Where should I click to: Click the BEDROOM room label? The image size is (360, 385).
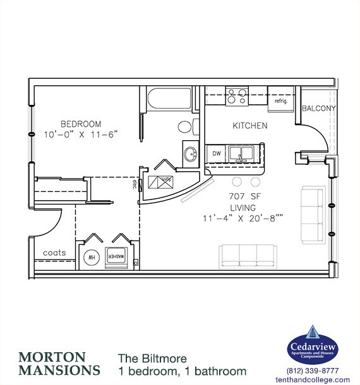point(81,123)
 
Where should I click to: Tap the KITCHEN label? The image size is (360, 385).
point(250,126)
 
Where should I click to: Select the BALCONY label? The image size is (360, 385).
point(319,109)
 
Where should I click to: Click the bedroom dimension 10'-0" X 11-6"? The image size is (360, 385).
point(81,134)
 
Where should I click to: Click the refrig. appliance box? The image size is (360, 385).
point(281,99)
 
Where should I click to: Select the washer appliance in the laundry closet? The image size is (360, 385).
point(119,257)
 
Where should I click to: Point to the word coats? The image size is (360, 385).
point(54,252)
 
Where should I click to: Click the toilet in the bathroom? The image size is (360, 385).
point(185,127)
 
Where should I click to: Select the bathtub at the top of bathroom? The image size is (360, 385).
point(169,98)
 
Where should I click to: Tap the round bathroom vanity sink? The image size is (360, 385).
point(189,153)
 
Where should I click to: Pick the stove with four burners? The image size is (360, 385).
point(237,97)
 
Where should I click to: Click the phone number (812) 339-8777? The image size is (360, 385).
point(313,370)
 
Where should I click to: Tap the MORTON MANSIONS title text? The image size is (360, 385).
point(59,362)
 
